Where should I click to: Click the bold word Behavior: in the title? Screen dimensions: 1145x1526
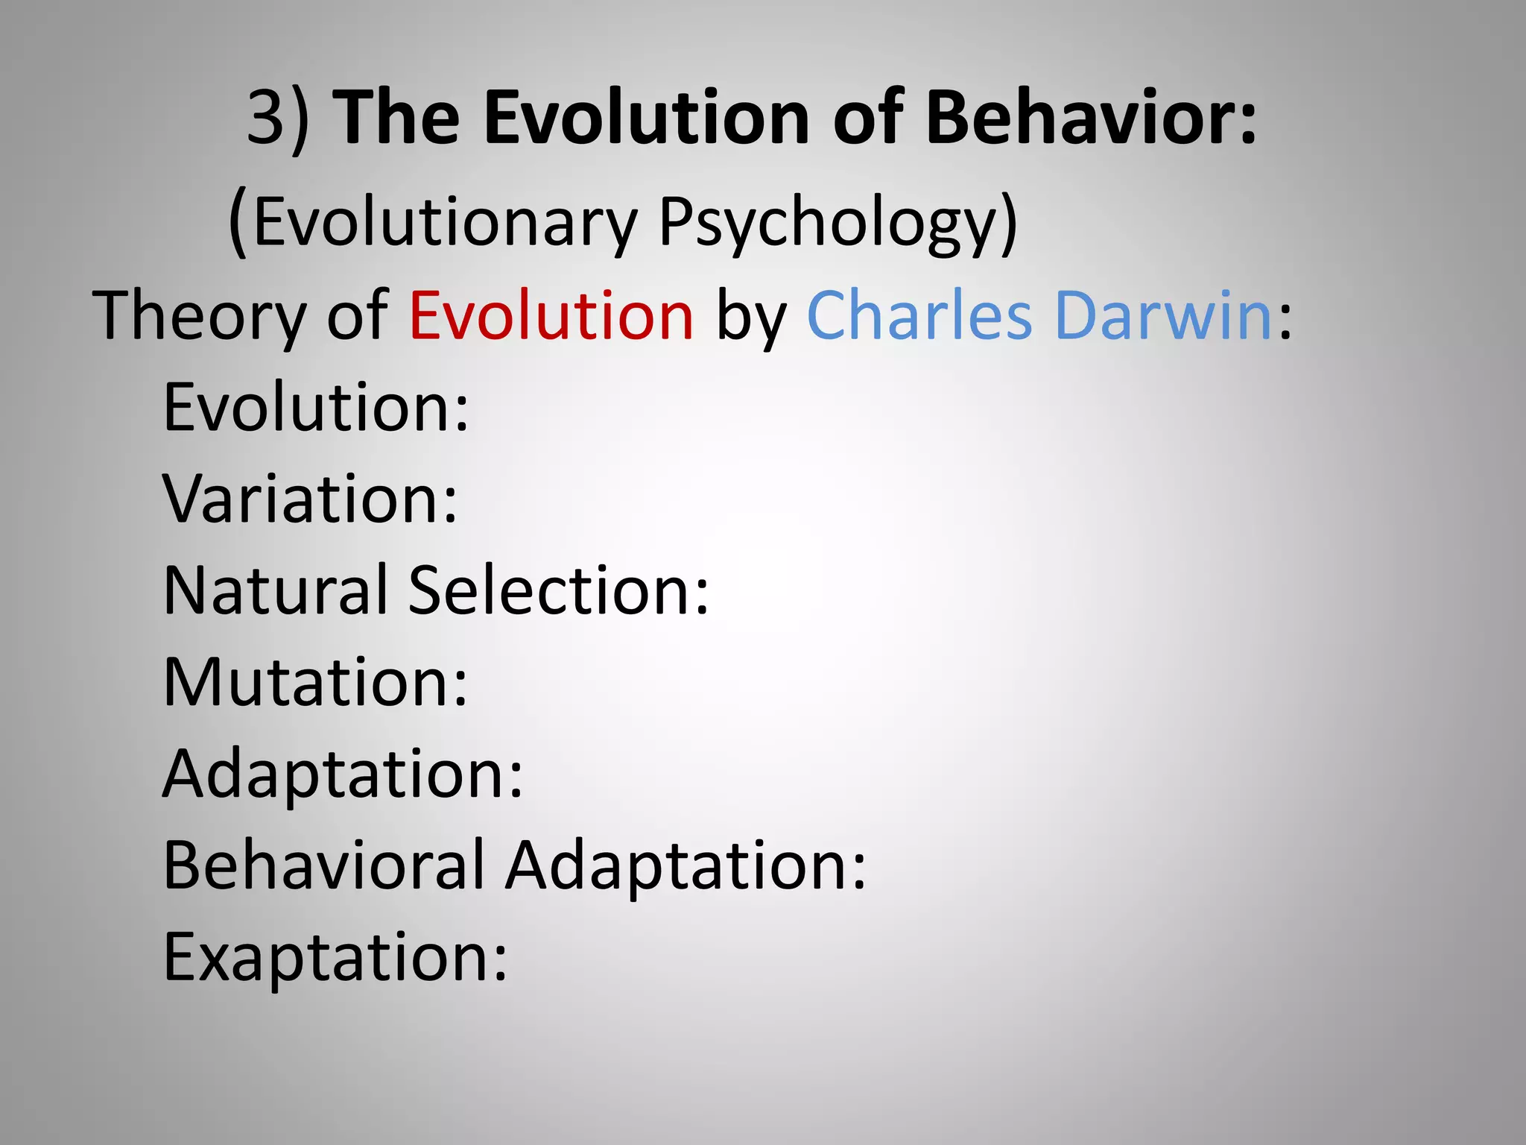pyautogui.click(x=1091, y=118)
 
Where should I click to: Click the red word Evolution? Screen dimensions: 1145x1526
pyautogui.click(x=551, y=316)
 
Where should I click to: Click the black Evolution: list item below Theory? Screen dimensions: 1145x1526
pyautogui.click(x=316, y=408)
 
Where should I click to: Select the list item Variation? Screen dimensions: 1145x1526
pyautogui.click(x=310, y=499)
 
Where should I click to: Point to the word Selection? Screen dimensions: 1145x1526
pyautogui.click(x=559, y=591)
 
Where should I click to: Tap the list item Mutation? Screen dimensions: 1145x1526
pyautogui.click(x=315, y=683)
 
